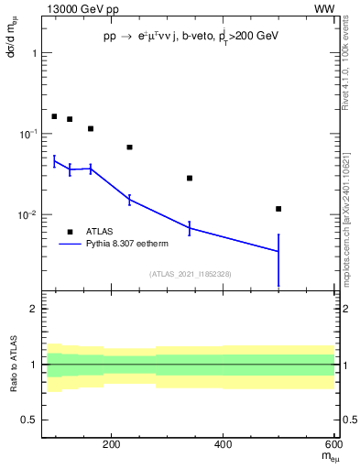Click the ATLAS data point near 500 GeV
click(278, 209)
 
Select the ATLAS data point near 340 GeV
click(190, 178)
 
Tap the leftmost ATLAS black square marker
click(54, 116)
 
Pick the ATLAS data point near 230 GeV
click(129, 147)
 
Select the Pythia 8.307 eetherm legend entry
click(125, 245)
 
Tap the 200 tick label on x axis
click(112, 447)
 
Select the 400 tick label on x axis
click(224, 447)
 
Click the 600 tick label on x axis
click(335, 447)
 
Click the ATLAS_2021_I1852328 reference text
click(191, 274)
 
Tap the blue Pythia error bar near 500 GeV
click(278, 260)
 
